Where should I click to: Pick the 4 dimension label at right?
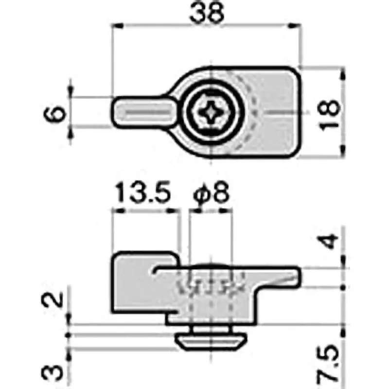click(x=330, y=242)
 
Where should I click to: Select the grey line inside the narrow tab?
click(x=146, y=112)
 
